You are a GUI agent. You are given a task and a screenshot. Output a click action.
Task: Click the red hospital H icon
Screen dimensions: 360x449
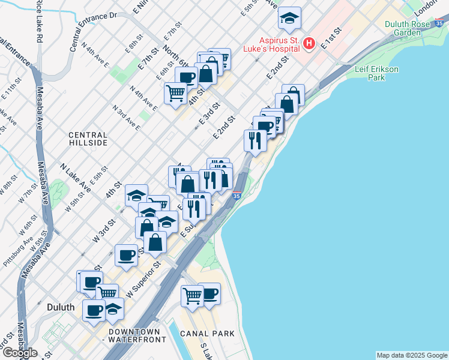(x=309, y=43)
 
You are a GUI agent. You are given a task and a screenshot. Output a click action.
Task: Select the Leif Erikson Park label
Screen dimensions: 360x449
(x=376, y=73)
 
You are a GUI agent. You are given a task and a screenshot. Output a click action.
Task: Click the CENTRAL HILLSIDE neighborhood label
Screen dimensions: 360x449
(x=88, y=139)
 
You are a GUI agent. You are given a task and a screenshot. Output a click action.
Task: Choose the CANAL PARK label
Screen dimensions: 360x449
(x=204, y=333)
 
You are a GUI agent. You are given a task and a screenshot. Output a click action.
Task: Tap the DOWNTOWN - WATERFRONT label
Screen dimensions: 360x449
(x=134, y=335)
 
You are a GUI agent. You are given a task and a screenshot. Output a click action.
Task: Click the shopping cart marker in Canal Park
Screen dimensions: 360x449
(x=192, y=296)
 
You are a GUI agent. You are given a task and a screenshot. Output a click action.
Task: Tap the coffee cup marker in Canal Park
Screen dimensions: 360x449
(x=209, y=293)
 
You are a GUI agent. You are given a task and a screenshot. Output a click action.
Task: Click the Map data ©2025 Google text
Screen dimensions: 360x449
(x=412, y=355)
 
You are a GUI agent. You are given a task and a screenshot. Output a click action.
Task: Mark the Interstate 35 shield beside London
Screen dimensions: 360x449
(x=440, y=24)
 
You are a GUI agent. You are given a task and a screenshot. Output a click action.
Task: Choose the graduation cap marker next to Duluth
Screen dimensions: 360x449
(x=113, y=309)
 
